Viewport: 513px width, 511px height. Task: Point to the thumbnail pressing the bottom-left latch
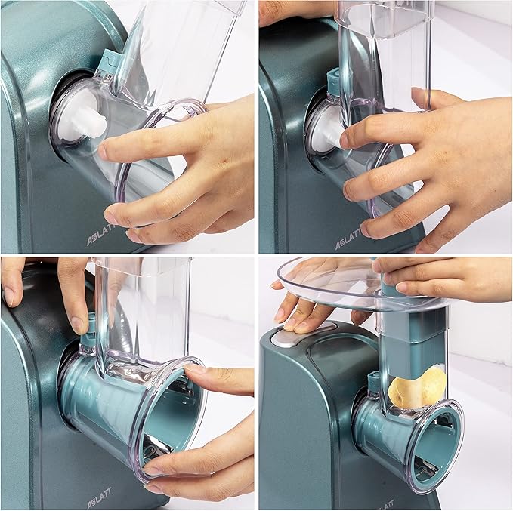[x=79, y=325]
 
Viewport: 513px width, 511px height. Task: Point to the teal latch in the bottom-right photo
[x=373, y=380]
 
